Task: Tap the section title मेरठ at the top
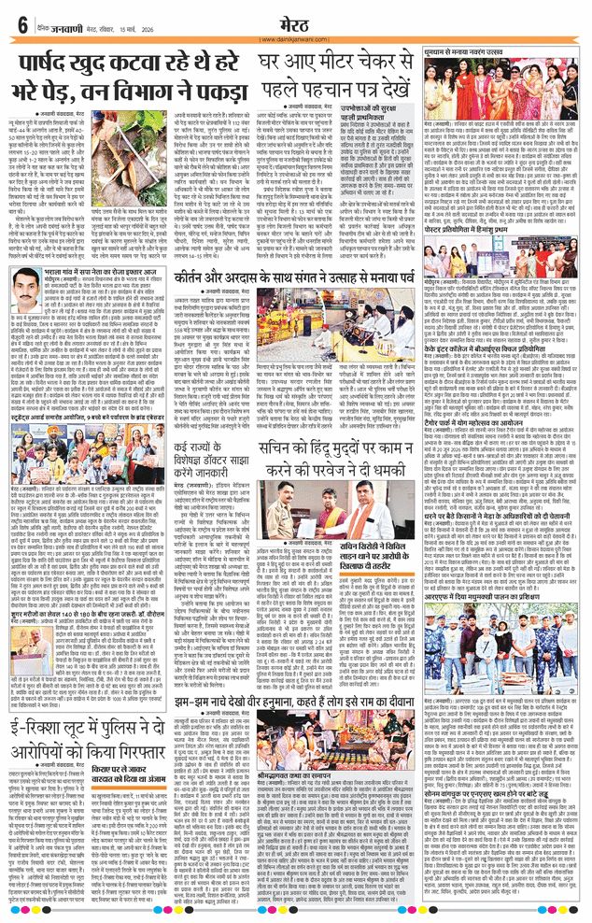point(294,21)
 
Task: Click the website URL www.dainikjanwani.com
point(294,38)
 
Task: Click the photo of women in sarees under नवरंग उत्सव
point(504,90)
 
